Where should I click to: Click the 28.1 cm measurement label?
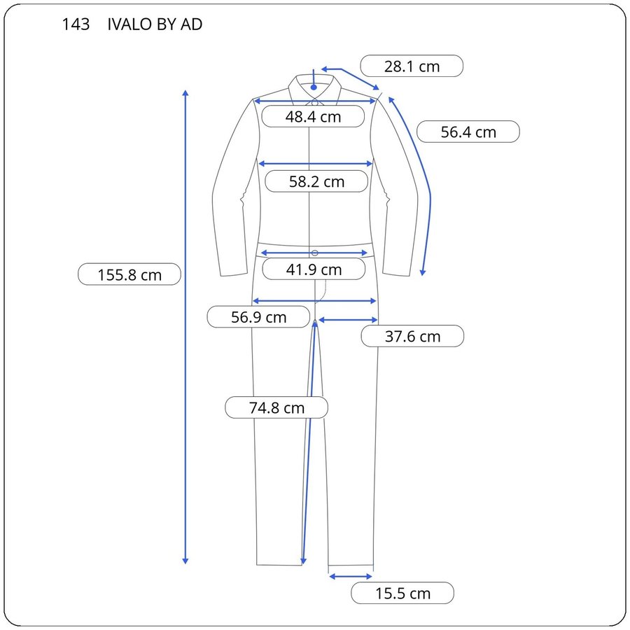pyautogui.click(x=412, y=66)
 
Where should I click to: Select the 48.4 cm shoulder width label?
pyautogui.click(x=313, y=116)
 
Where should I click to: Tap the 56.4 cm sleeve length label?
pyautogui.click(x=468, y=132)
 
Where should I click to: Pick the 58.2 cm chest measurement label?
pyautogui.click(x=316, y=181)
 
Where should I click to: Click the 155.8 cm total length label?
pyautogui.click(x=129, y=275)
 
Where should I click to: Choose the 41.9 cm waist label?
pyautogui.click(x=314, y=269)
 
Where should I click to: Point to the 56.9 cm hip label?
pyautogui.click(x=258, y=317)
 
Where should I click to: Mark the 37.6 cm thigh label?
pyautogui.click(x=412, y=336)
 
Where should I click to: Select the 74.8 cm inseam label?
pyautogui.click(x=276, y=408)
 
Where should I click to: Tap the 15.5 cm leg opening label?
pyautogui.click(x=402, y=593)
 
